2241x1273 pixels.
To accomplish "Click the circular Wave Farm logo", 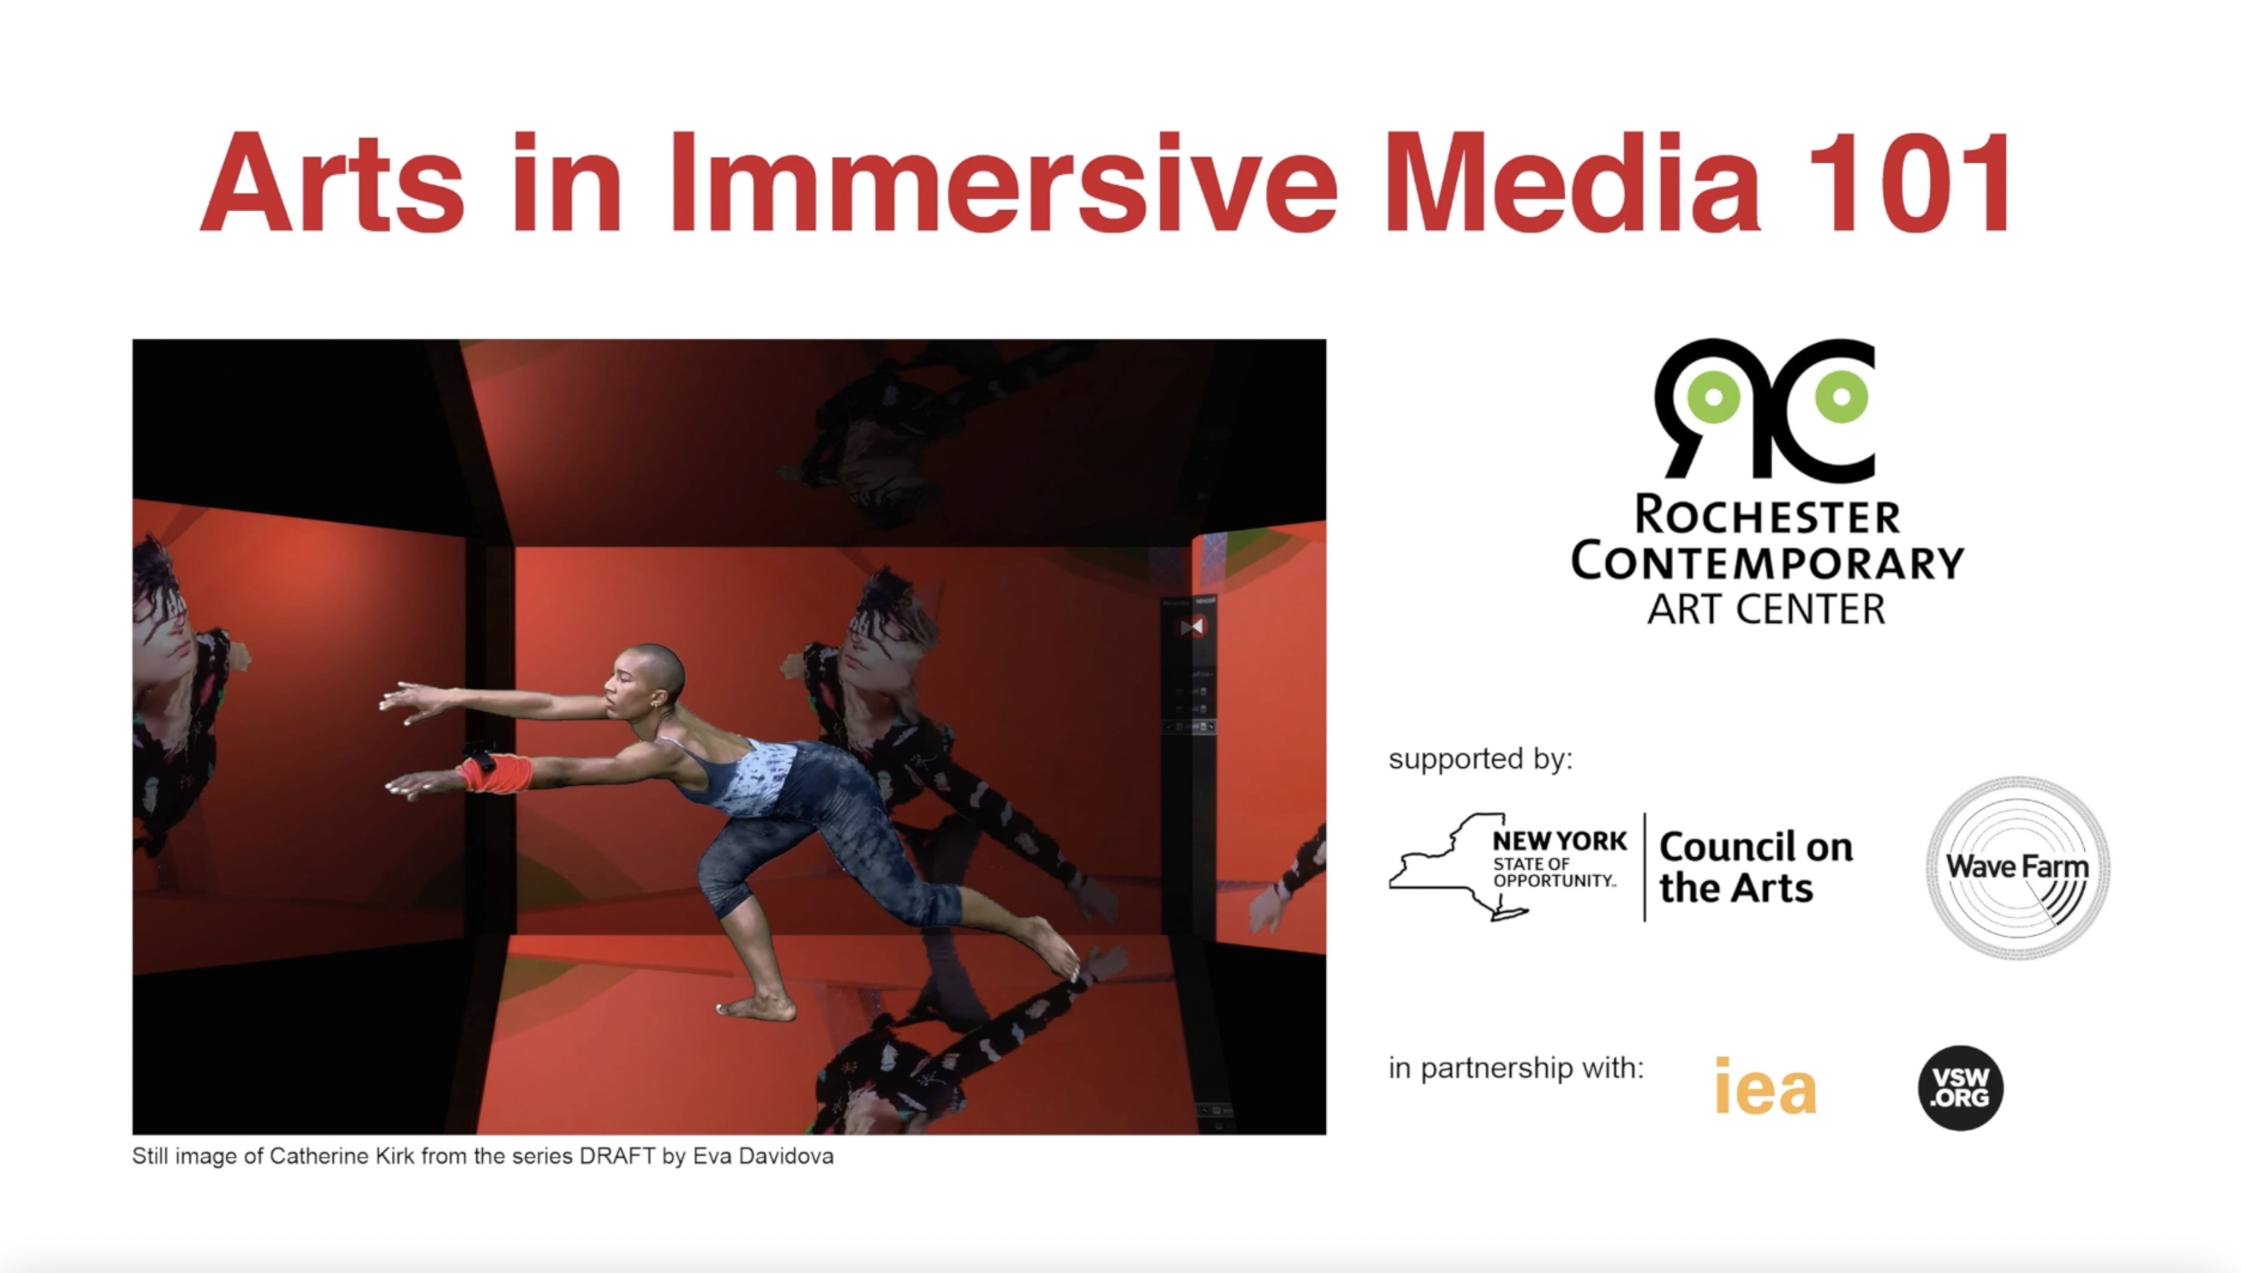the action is pyautogui.click(x=2018, y=867).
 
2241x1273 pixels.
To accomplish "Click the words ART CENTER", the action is pyautogui.click(x=1766, y=609).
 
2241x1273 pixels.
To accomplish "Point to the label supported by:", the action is pyautogui.click(x=1480, y=759).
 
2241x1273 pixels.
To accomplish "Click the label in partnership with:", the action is pyautogui.click(x=1516, y=1068).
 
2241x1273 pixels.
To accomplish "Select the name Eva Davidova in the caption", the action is pyautogui.click(x=763, y=1156).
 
